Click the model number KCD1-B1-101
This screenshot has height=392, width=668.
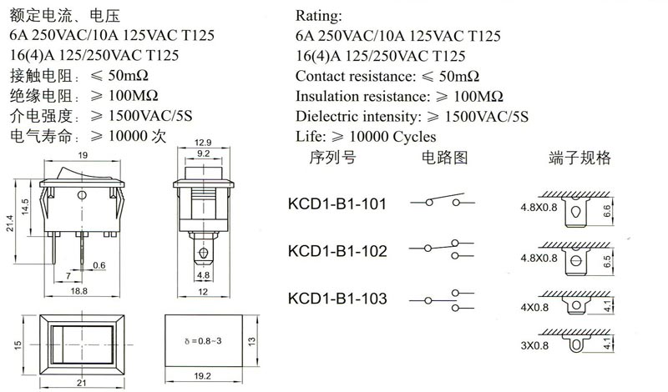click(337, 204)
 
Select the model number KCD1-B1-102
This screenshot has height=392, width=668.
click(337, 251)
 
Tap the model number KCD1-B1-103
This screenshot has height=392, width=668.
click(337, 299)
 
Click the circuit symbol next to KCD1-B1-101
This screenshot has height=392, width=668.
click(443, 200)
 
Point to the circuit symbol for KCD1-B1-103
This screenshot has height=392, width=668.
click(442, 300)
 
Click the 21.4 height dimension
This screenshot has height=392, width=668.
click(9, 223)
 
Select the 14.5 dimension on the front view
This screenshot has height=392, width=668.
click(25, 207)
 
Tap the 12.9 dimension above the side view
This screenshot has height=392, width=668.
click(203, 143)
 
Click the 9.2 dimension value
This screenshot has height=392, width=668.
click(203, 153)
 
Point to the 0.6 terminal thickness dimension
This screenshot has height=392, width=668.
click(99, 265)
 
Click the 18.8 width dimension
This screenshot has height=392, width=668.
click(78, 291)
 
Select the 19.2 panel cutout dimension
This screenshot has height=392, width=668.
click(202, 376)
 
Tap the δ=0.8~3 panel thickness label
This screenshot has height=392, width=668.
click(203, 341)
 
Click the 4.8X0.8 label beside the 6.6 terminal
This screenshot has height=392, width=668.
click(539, 208)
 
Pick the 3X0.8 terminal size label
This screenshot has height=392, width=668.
click(534, 345)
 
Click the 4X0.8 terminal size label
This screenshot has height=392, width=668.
click(534, 307)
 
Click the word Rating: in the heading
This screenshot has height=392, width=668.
click(319, 16)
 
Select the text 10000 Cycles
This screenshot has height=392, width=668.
click(392, 137)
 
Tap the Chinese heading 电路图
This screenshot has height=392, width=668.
click(444, 158)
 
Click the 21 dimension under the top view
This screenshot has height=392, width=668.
click(81, 383)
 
